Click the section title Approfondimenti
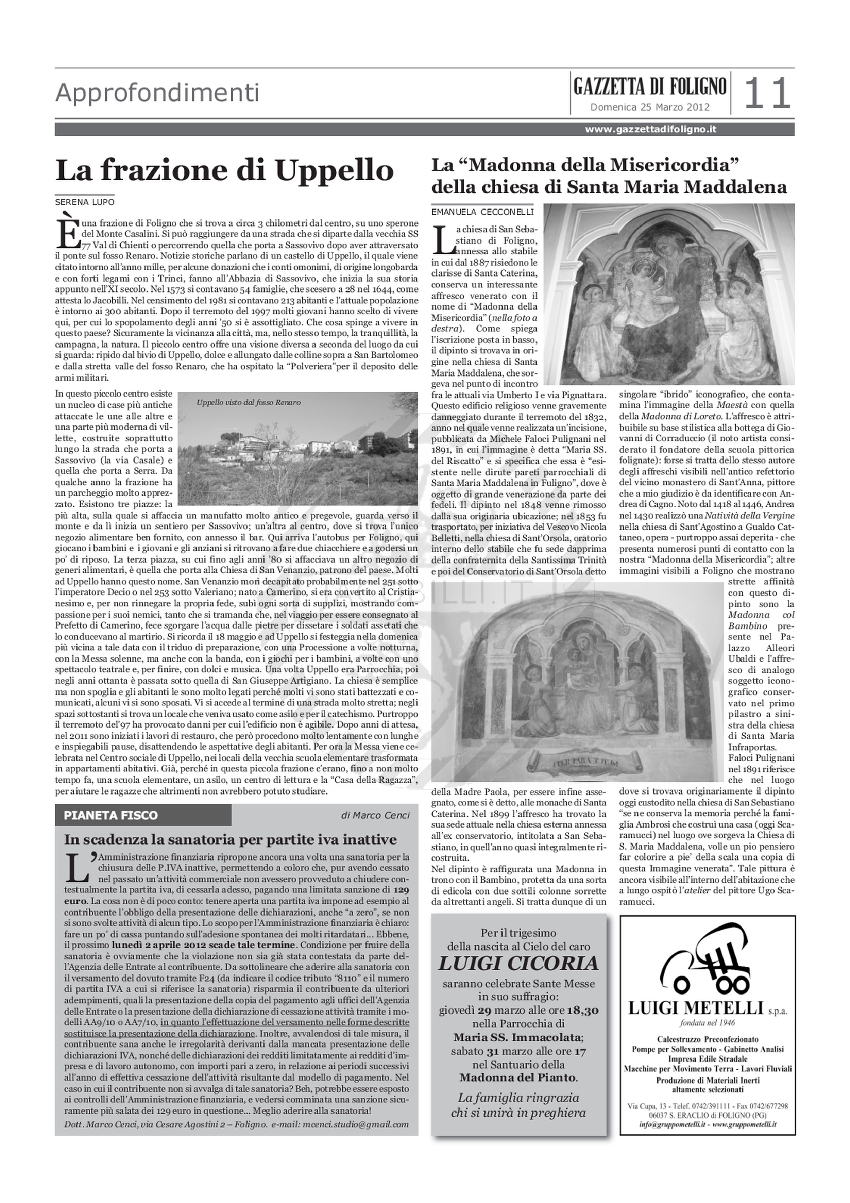point(157,93)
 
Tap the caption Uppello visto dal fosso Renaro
point(249,402)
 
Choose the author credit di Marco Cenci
point(375,815)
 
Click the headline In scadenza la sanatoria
point(231,839)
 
